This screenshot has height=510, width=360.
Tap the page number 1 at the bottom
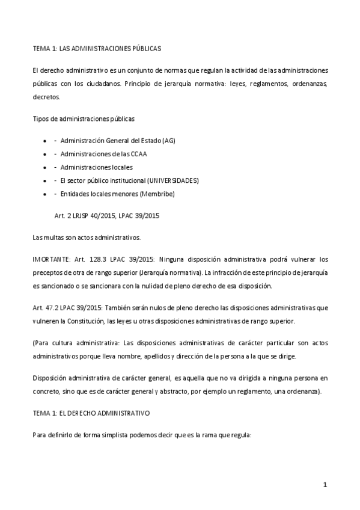(325, 485)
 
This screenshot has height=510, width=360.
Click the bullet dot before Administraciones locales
(46, 167)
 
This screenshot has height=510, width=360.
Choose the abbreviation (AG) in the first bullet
(168, 141)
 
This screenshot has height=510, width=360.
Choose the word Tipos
(40, 118)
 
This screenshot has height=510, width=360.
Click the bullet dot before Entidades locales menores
(46, 194)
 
